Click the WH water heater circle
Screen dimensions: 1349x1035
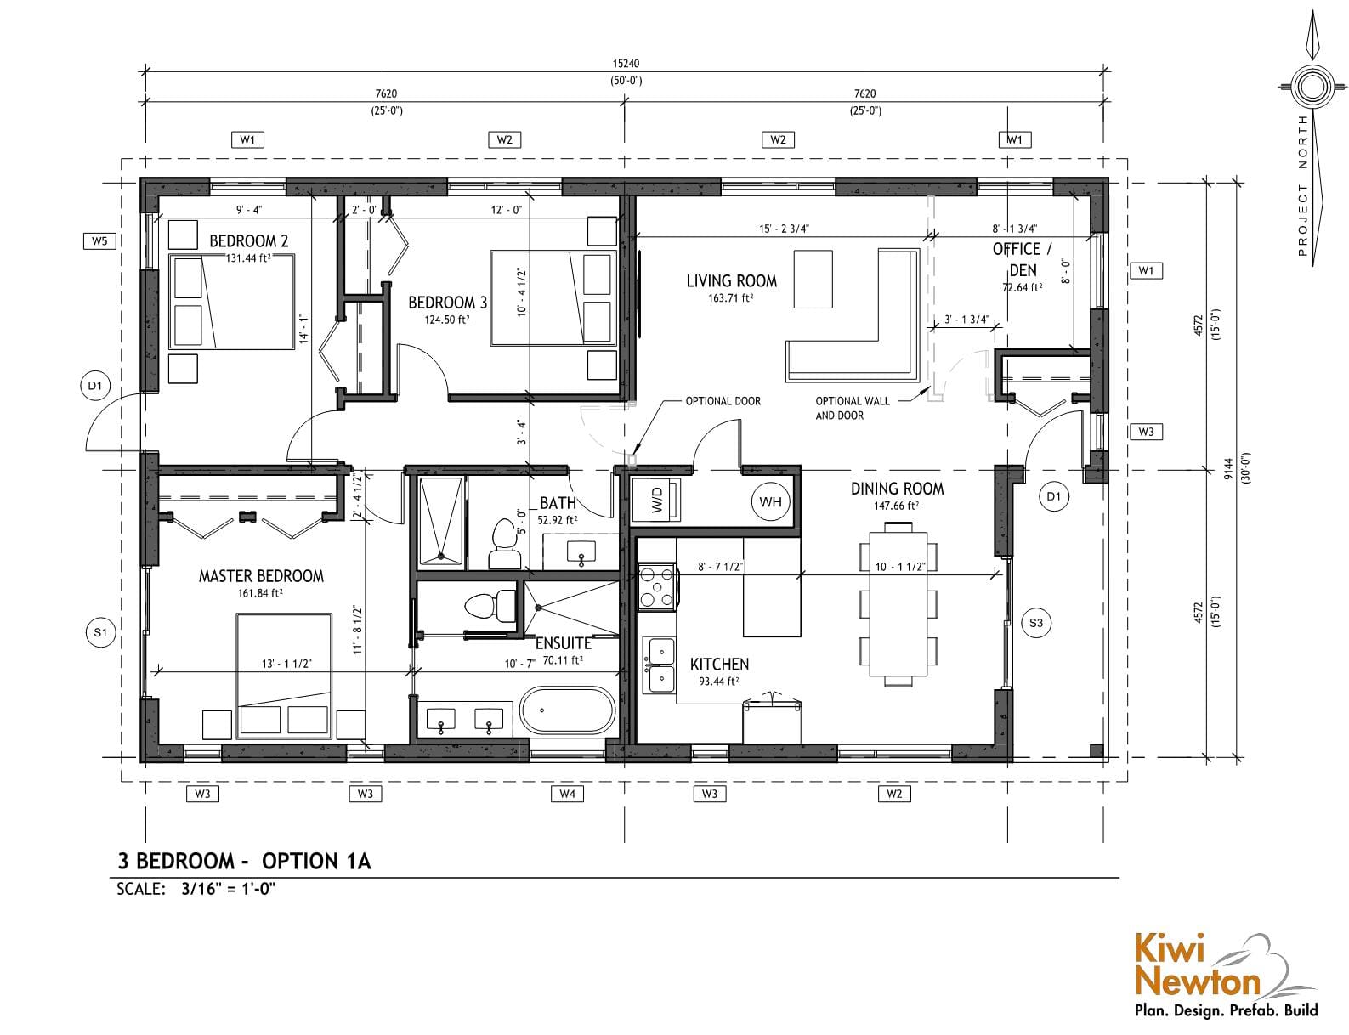pyautogui.click(x=770, y=501)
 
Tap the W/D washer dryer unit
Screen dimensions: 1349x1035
pyautogui.click(x=656, y=499)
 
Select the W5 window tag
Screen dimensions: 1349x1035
pyautogui.click(x=99, y=240)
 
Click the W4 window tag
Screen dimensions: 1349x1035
pyautogui.click(x=567, y=794)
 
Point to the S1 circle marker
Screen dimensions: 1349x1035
pyautogui.click(x=100, y=633)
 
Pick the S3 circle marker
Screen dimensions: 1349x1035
pyautogui.click(x=1036, y=623)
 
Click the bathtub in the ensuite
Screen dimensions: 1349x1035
pyautogui.click(x=567, y=710)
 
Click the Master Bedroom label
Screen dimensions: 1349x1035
pyautogui.click(x=261, y=576)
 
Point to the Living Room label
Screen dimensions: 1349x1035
pyautogui.click(x=731, y=281)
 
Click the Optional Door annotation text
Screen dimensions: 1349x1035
pyautogui.click(x=723, y=401)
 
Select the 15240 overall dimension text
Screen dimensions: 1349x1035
pyautogui.click(x=626, y=63)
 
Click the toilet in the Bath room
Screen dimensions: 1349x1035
pyautogui.click(x=505, y=544)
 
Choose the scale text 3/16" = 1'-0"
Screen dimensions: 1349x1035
pyautogui.click(x=228, y=889)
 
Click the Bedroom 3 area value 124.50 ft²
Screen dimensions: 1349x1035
pyautogui.click(x=446, y=320)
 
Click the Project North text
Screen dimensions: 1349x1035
pyautogui.click(x=1302, y=185)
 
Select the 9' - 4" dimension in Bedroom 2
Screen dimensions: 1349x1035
pyautogui.click(x=248, y=210)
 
